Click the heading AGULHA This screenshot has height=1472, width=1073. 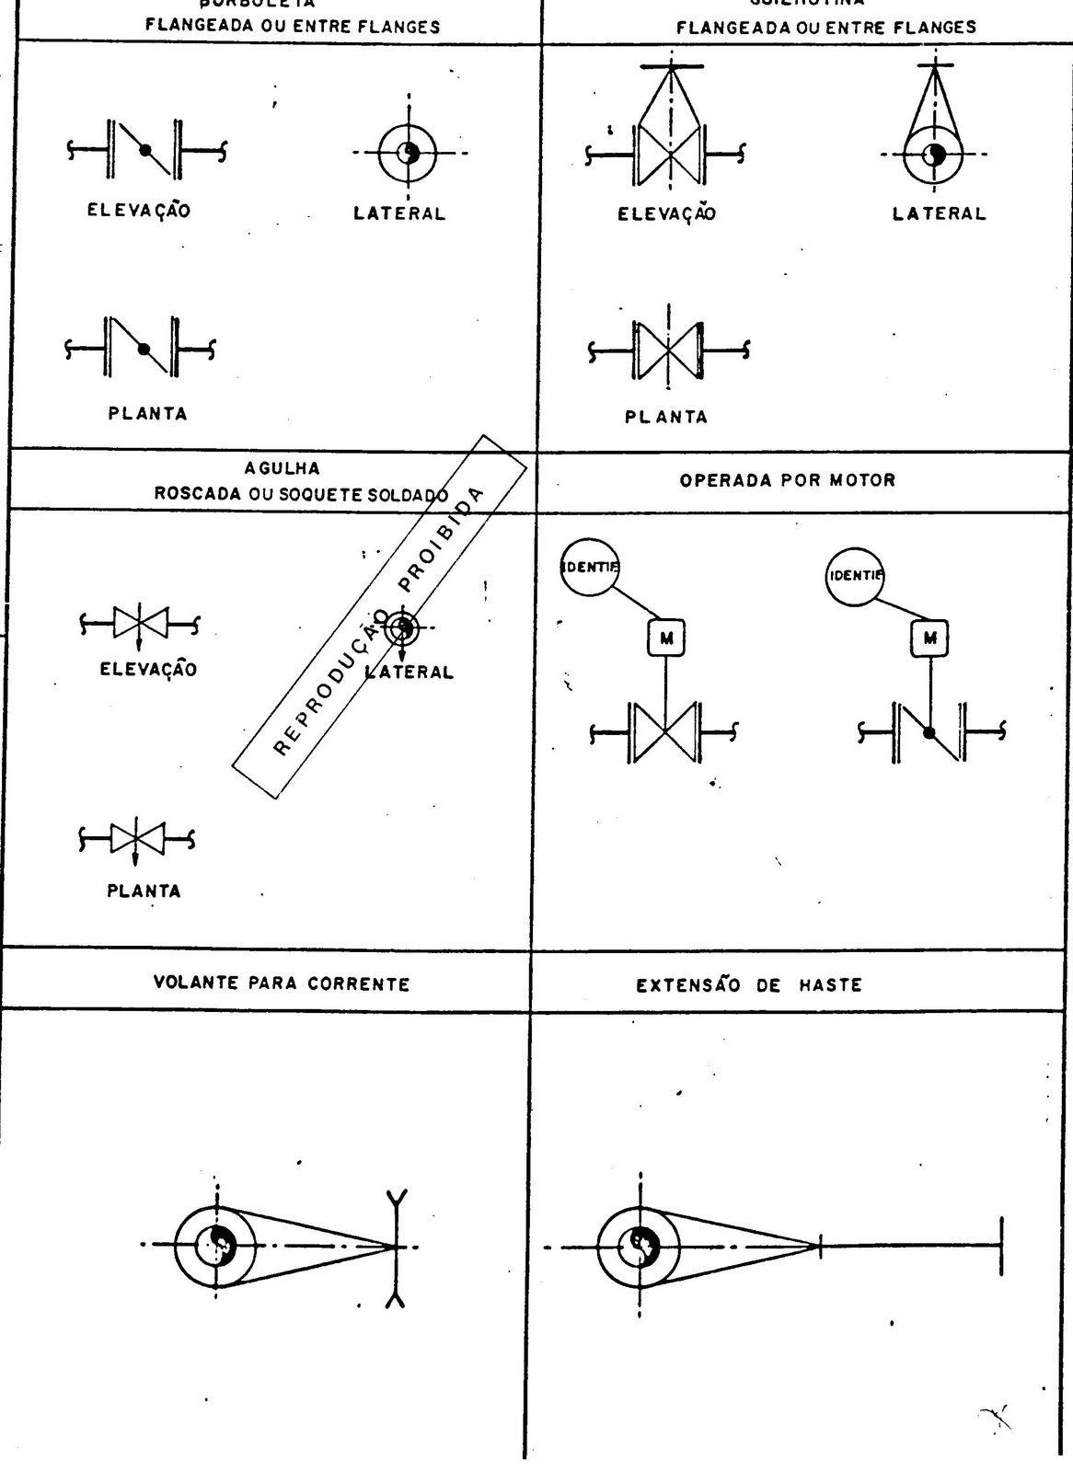(x=282, y=468)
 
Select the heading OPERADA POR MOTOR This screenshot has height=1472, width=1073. (x=787, y=479)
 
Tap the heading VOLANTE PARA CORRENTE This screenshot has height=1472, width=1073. (x=282, y=983)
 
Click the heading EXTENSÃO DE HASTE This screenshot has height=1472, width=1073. (x=748, y=985)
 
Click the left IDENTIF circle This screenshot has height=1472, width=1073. (x=590, y=567)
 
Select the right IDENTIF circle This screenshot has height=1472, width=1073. (x=855, y=576)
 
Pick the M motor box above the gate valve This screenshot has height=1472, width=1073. (x=667, y=638)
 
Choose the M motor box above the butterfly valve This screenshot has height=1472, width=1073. (x=930, y=638)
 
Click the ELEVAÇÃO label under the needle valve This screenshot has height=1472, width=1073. (x=148, y=669)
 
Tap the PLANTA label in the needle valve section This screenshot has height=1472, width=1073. (x=144, y=891)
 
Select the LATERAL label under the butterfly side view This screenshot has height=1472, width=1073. (x=399, y=213)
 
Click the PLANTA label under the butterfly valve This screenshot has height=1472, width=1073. (x=147, y=413)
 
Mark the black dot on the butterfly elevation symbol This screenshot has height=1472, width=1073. (x=144, y=149)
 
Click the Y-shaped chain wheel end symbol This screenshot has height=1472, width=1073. (x=397, y=1247)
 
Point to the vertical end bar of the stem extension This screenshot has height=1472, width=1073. (x=1001, y=1246)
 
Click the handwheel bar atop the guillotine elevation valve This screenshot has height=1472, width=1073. (x=672, y=66)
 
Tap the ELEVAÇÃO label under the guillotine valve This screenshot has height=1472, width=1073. (x=666, y=214)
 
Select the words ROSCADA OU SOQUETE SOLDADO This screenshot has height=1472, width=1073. (x=301, y=494)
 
